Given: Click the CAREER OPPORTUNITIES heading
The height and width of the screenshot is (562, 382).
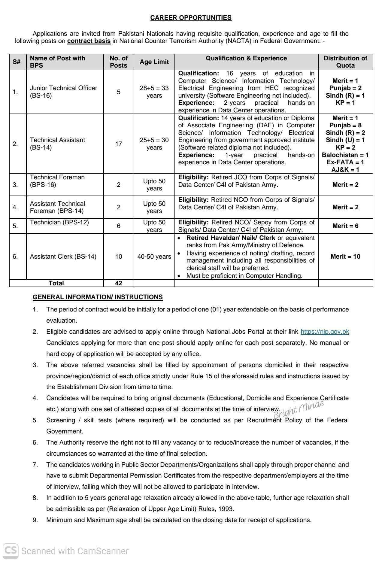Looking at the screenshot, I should pyautogui.click(x=191, y=18).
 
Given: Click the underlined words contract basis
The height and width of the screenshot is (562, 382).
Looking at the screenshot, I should pyautogui.click(x=89, y=41).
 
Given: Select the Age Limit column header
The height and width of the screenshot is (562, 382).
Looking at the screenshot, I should pyautogui.click(x=154, y=62).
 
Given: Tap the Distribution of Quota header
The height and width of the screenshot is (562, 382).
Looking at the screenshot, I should pyautogui.click(x=345, y=62).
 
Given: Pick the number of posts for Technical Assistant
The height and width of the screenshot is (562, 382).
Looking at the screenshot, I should pyautogui.click(x=119, y=144).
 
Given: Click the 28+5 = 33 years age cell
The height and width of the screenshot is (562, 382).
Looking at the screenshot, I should pyautogui.click(x=154, y=92).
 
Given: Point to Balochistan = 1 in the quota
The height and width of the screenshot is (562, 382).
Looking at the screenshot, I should pyautogui.click(x=345, y=155).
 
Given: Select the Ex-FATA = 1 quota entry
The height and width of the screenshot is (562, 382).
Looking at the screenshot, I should pyautogui.click(x=345, y=162).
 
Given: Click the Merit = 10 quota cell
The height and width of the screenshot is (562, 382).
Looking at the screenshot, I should pyautogui.click(x=345, y=257).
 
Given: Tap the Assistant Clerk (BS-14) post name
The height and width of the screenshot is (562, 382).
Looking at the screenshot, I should pyautogui.click(x=63, y=257).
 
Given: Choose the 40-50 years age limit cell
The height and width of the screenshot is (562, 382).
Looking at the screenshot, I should pyautogui.click(x=154, y=257).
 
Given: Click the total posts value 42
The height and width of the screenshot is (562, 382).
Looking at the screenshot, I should pyautogui.click(x=119, y=283).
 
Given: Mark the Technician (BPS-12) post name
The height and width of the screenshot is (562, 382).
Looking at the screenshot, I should pyautogui.click(x=59, y=222).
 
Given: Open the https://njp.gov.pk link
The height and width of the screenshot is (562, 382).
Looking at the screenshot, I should pyautogui.click(x=325, y=332).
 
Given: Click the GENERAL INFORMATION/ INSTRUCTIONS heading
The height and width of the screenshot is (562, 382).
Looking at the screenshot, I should pyautogui.click(x=98, y=297).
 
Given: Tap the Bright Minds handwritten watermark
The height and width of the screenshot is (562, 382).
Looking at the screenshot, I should pyautogui.click(x=299, y=409).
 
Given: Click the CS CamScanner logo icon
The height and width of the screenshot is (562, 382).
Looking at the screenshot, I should pyautogui.click(x=11, y=551).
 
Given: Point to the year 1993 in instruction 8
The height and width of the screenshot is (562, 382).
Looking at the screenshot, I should pyautogui.click(x=226, y=509).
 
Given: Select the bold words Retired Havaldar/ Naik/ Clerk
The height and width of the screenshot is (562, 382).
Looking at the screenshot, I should pyautogui.click(x=231, y=238).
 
